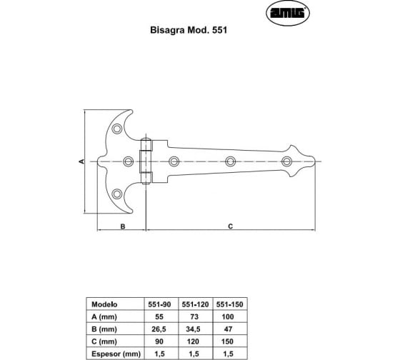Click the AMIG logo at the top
288,13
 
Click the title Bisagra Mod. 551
189,30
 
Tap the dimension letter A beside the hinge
81,161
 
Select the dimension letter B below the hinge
123,226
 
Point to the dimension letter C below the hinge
230,226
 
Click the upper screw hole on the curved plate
117,129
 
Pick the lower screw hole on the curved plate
117,194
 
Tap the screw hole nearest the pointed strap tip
286,161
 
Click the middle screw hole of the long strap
230,161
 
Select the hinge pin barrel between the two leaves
146,161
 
